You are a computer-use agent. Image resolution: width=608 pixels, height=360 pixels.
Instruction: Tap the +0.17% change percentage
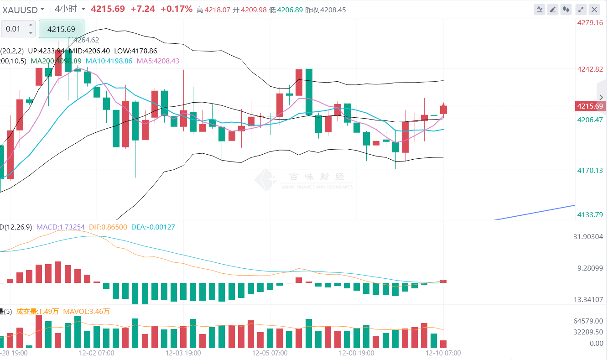tap(177, 9)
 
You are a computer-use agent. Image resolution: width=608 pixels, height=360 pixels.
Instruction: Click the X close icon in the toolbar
tap(594, 9)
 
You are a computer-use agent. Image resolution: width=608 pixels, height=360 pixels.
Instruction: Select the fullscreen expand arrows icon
tap(581, 9)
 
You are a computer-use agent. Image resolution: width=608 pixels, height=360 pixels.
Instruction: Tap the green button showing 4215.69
tap(62, 29)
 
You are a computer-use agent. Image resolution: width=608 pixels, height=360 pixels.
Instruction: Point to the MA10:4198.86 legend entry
tap(109, 61)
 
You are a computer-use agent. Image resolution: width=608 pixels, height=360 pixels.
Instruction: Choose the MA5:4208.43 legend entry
tap(157, 61)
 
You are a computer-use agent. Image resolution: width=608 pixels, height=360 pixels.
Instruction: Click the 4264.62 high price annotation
tap(86, 40)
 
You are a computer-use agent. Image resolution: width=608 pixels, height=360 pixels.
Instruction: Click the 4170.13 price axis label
tap(590, 170)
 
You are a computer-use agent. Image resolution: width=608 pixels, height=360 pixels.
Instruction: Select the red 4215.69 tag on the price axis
tap(590, 106)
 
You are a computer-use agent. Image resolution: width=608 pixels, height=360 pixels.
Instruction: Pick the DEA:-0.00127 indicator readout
tap(153, 227)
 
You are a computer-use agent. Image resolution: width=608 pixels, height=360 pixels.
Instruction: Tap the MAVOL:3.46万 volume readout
tap(86, 312)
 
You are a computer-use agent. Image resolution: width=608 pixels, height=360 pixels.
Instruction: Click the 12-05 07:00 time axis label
tap(270, 353)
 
